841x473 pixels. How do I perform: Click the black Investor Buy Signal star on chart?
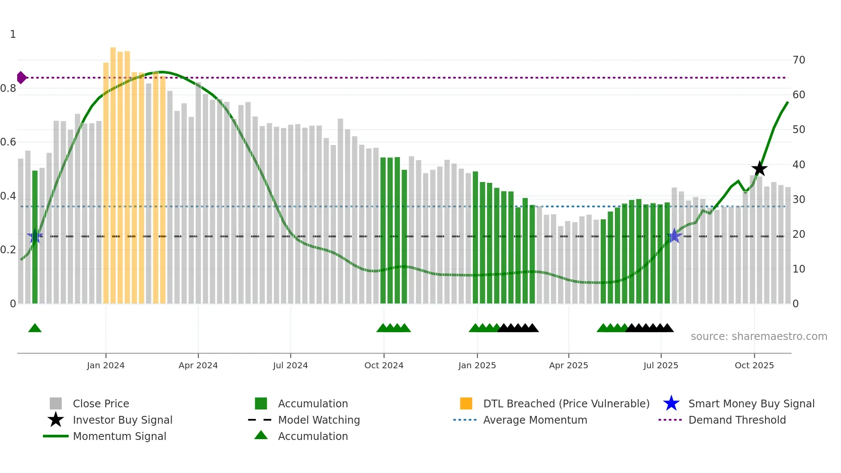759,169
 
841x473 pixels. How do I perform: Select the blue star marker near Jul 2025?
674,236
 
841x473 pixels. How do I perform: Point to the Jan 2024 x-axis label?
106,365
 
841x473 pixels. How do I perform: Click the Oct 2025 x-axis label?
754,365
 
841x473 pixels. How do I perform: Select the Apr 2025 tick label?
568,365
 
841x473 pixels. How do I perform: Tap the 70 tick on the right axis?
799,60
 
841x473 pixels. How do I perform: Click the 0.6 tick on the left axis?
9,142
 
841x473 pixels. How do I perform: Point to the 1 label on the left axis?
13,34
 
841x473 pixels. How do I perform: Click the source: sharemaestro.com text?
759,337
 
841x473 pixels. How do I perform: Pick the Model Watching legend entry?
318,420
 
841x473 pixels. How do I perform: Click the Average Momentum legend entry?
535,420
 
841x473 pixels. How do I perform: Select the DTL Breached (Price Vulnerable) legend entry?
566,403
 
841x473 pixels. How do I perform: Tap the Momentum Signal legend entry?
119,436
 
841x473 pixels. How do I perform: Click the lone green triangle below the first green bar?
35,328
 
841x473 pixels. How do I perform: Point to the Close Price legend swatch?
56,403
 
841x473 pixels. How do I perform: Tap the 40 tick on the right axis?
799,165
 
